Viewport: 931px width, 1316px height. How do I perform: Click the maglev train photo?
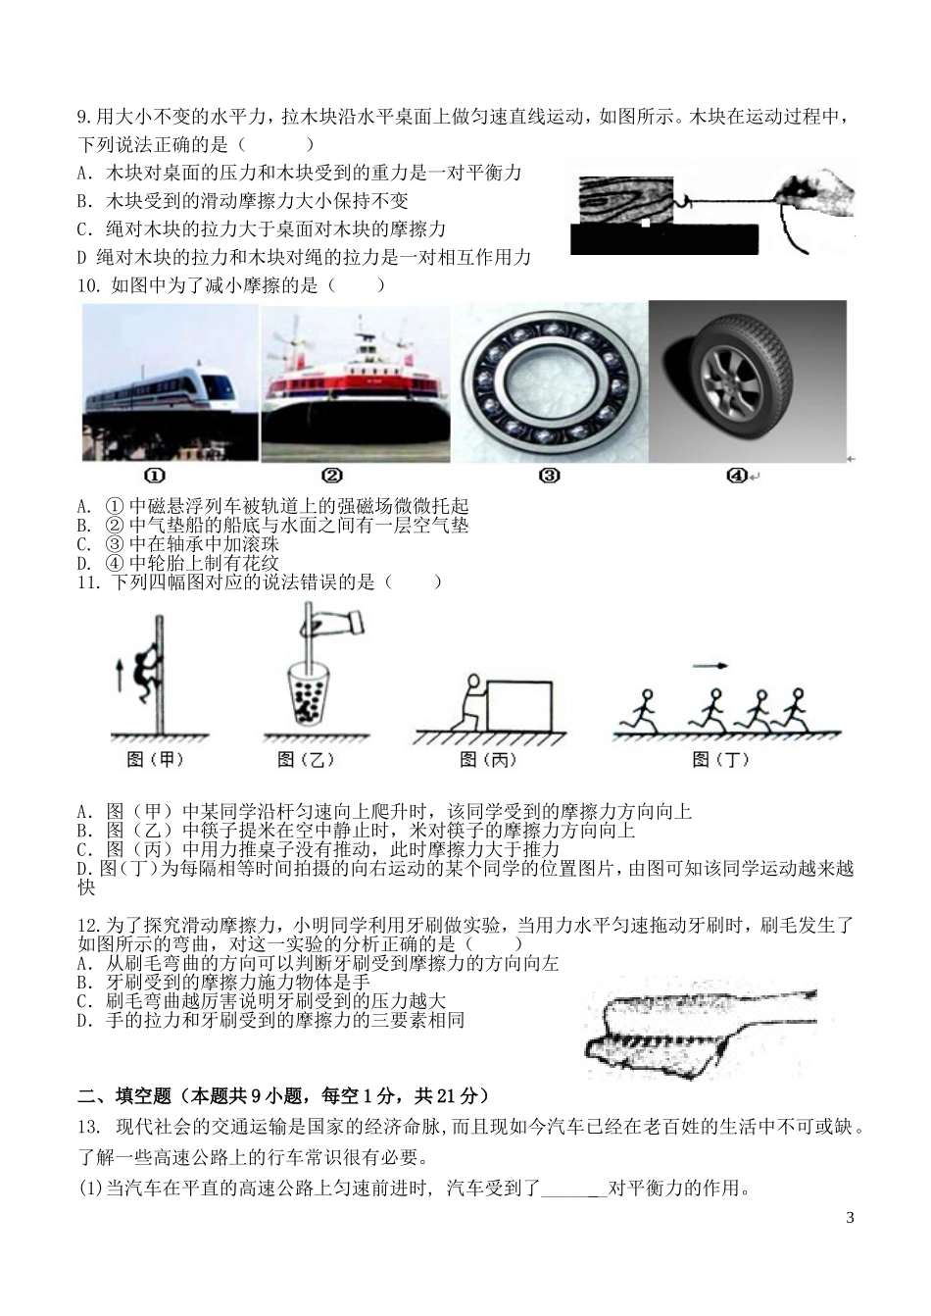(169, 382)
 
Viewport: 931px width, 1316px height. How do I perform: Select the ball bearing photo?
(549, 382)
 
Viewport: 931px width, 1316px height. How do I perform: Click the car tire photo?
(747, 382)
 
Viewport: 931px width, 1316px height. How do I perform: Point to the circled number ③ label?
(549, 476)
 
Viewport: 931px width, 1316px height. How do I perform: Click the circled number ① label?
(155, 476)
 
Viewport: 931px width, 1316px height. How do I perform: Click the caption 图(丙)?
(488, 759)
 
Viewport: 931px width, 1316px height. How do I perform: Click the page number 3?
(849, 1218)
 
